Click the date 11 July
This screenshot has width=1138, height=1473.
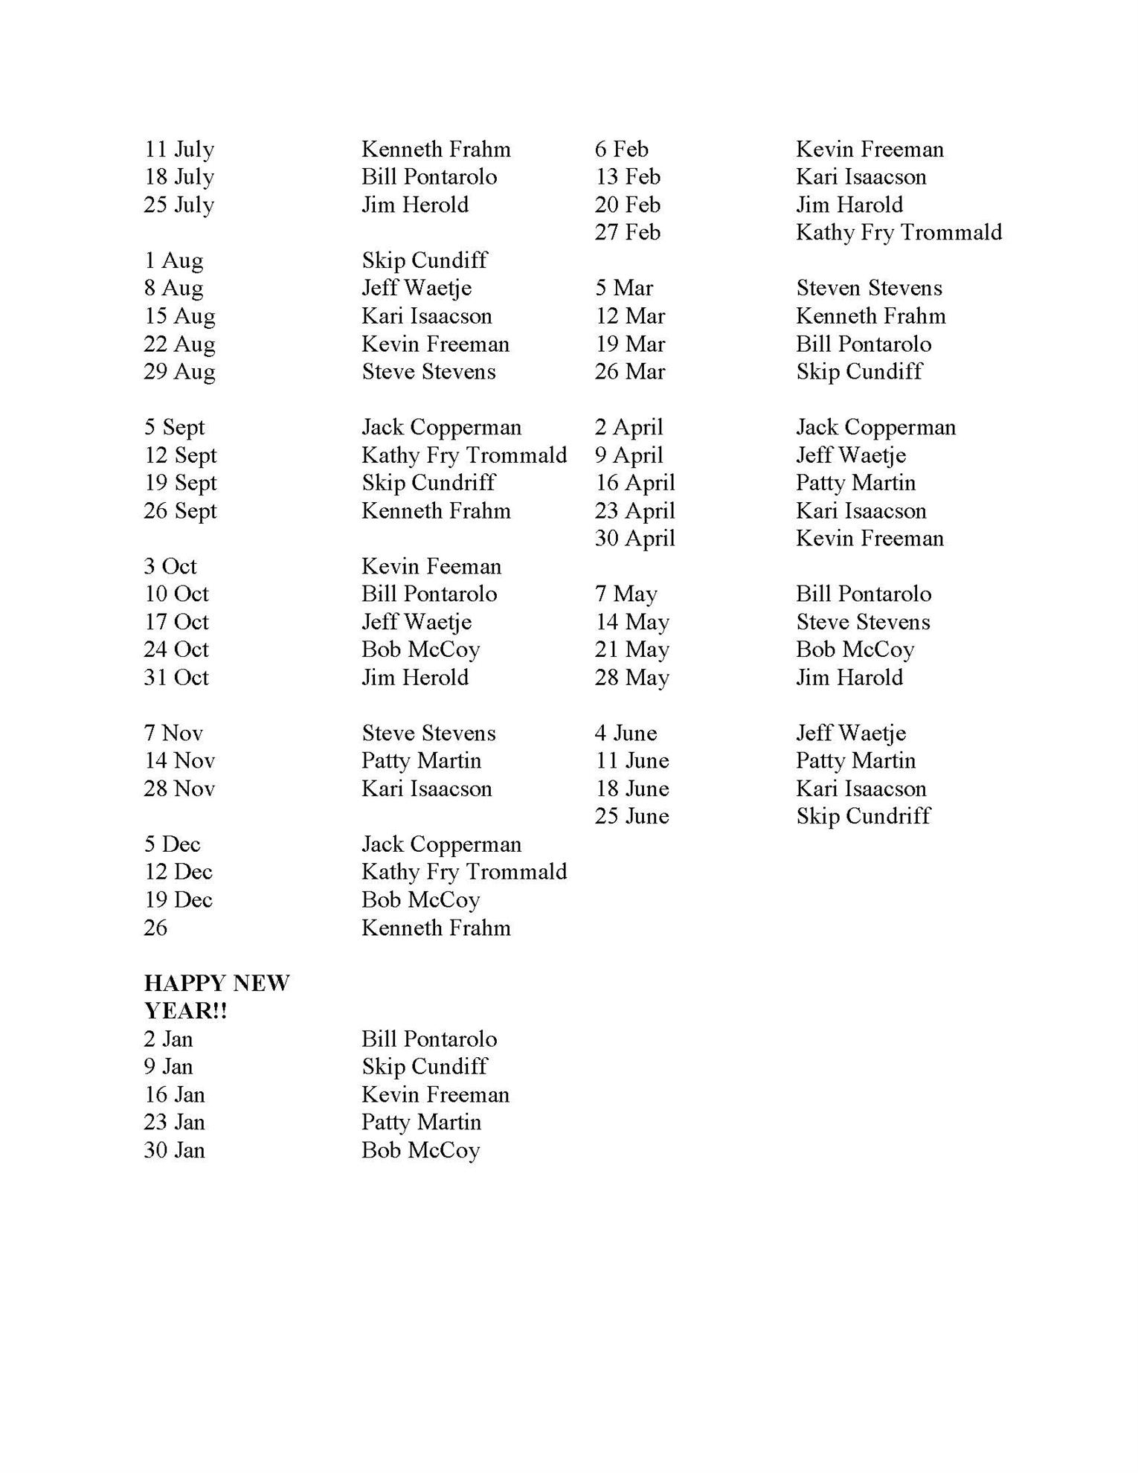(179, 150)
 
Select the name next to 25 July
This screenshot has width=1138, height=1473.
(415, 205)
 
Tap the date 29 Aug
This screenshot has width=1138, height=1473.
(179, 371)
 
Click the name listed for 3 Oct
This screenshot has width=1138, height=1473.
(431, 566)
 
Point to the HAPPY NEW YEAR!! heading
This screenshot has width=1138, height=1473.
(216, 997)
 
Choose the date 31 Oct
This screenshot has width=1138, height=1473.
(176, 677)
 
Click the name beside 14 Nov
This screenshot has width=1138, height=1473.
(421, 760)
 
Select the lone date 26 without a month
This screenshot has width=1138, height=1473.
(155, 928)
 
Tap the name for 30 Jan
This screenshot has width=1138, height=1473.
(420, 1150)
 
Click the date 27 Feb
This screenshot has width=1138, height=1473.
(627, 232)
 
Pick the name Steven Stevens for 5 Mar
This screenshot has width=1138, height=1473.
(869, 288)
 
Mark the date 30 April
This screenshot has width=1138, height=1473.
(634, 538)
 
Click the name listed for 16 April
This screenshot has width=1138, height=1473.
(855, 483)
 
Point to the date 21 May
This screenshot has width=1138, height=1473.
(631, 649)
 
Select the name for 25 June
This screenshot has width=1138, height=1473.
(863, 816)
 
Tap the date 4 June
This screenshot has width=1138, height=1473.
(626, 733)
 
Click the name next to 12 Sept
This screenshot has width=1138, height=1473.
(464, 455)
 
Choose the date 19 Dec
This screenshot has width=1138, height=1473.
(178, 899)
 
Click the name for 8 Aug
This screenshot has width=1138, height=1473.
(417, 288)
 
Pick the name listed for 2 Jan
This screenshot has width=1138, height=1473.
(429, 1039)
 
